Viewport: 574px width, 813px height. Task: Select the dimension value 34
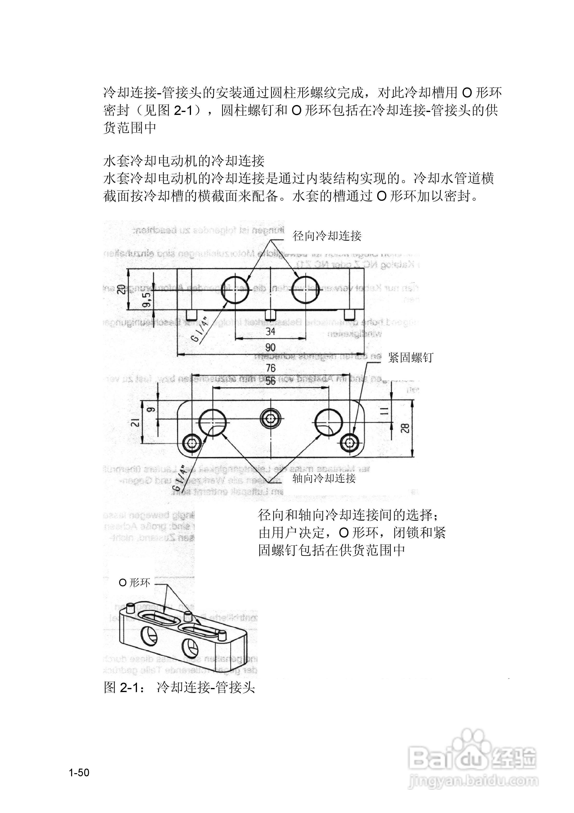tap(270, 331)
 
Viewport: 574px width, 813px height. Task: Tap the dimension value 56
tap(270, 381)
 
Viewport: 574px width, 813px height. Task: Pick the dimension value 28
tap(406, 428)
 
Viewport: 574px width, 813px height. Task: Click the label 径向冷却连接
tap(327, 236)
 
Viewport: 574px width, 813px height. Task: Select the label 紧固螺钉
tap(410, 358)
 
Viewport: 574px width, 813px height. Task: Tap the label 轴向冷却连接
tap(324, 478)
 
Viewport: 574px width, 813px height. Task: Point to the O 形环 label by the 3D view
tap(135, 582)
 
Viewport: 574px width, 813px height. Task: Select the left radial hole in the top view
tap(235, 289)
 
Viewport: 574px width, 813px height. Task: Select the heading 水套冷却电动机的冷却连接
tap(184, 161)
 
